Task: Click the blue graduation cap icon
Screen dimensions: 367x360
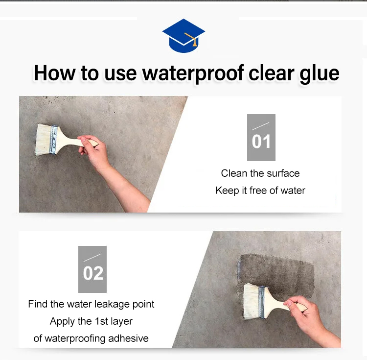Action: pos(183,36)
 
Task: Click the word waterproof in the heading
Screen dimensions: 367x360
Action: pos(193,73)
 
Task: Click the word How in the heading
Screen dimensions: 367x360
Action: pos(54,73)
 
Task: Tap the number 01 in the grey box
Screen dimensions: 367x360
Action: pos(261,142)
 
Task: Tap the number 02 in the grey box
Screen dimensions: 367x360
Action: pos(93,273)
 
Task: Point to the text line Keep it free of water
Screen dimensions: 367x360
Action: pos(260,191)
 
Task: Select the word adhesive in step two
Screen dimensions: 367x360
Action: pos(128,338)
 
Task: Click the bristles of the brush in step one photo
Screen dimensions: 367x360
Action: pos(43,140)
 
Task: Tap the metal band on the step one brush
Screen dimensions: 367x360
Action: pos(54,140)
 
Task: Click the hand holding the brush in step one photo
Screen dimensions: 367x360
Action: pos(93,150)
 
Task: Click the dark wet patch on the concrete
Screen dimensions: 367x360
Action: pos(276,274)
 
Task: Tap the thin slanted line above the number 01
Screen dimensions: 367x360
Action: pos(261,126)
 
